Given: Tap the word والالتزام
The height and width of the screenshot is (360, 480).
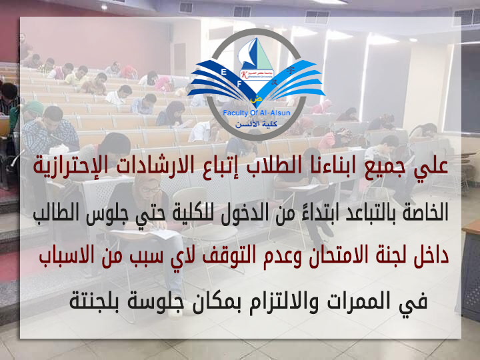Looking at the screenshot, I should point(284,299).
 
